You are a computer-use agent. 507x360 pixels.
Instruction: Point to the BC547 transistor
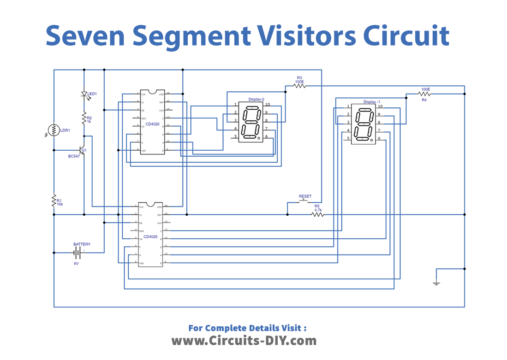[x=82, y=149]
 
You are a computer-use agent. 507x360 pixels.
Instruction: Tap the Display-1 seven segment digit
[x=362, y=124]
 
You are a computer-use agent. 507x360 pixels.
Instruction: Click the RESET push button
[x=304, y=201]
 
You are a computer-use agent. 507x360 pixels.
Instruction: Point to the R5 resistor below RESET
[x=318, y=214]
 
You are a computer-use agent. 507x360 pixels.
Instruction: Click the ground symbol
[x=435, y=284]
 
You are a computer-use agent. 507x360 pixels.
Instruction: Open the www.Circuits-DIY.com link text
[x=252, y=340]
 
